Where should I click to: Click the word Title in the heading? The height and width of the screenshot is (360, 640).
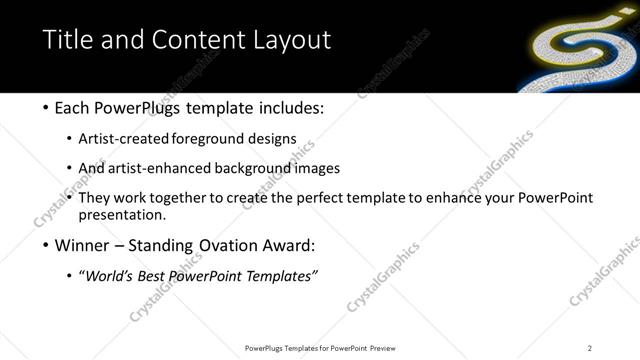tap(69, 40)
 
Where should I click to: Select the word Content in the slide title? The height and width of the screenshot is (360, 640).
tap(191, 40)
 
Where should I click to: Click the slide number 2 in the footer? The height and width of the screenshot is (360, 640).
tap(589, 347)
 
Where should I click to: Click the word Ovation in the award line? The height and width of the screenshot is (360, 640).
tap(217, 246)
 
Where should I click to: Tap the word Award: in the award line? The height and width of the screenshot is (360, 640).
tap(286, 246)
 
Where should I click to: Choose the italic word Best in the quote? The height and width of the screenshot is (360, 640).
tap(153, 276)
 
